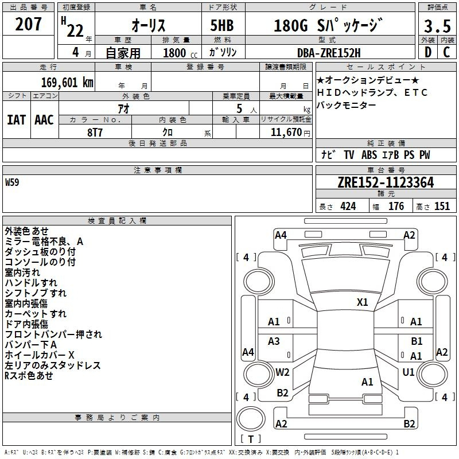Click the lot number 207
click(x=28, y=24)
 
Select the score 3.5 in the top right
click(x=437, y=26)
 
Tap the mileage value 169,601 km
click(x=67, y=82)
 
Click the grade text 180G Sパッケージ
click(x=328, y=25)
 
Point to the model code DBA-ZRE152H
click(x=329, y=53)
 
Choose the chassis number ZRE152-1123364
click(x=386, y=182)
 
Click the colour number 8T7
click(x=95, y=133)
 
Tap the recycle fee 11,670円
click(x=290, y=133)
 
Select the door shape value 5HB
click(x=222, y=25)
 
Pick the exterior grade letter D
click(x=427, y=52)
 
